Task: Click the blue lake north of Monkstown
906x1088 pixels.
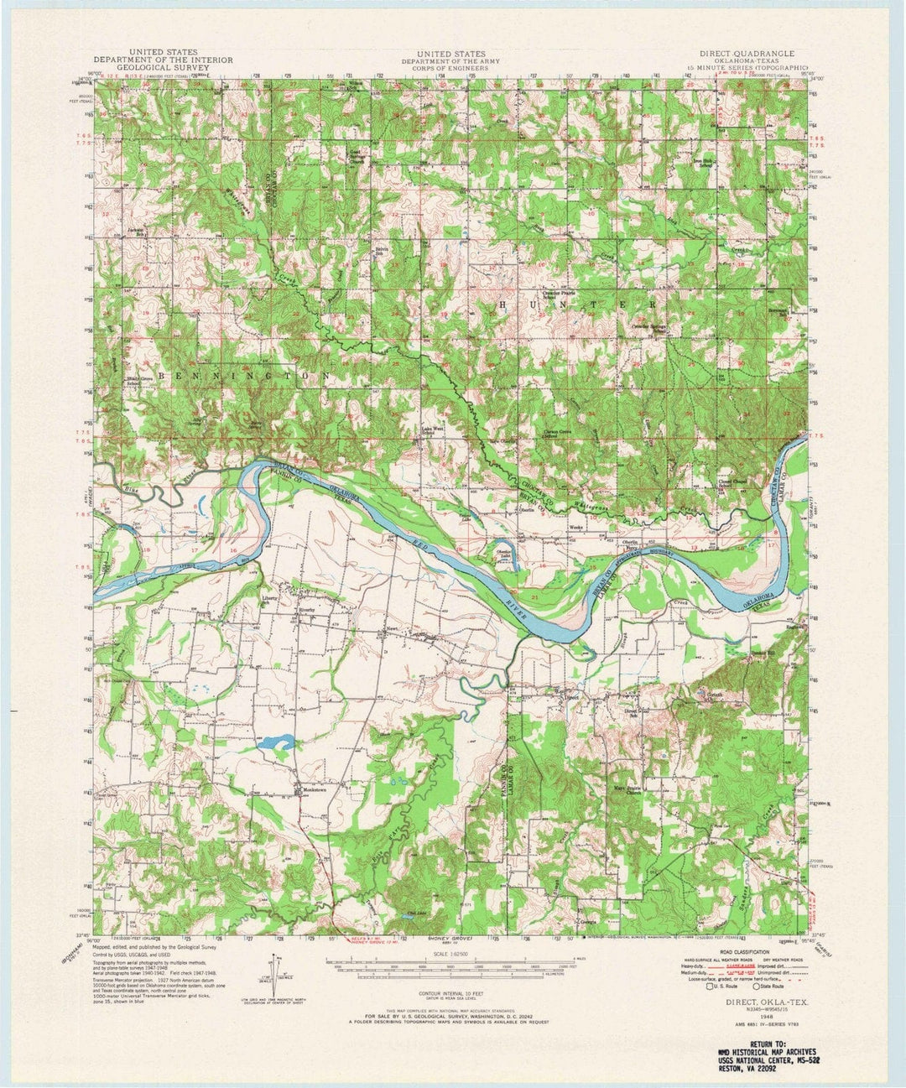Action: pos(277,742)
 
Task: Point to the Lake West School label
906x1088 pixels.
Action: pos(432,430)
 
